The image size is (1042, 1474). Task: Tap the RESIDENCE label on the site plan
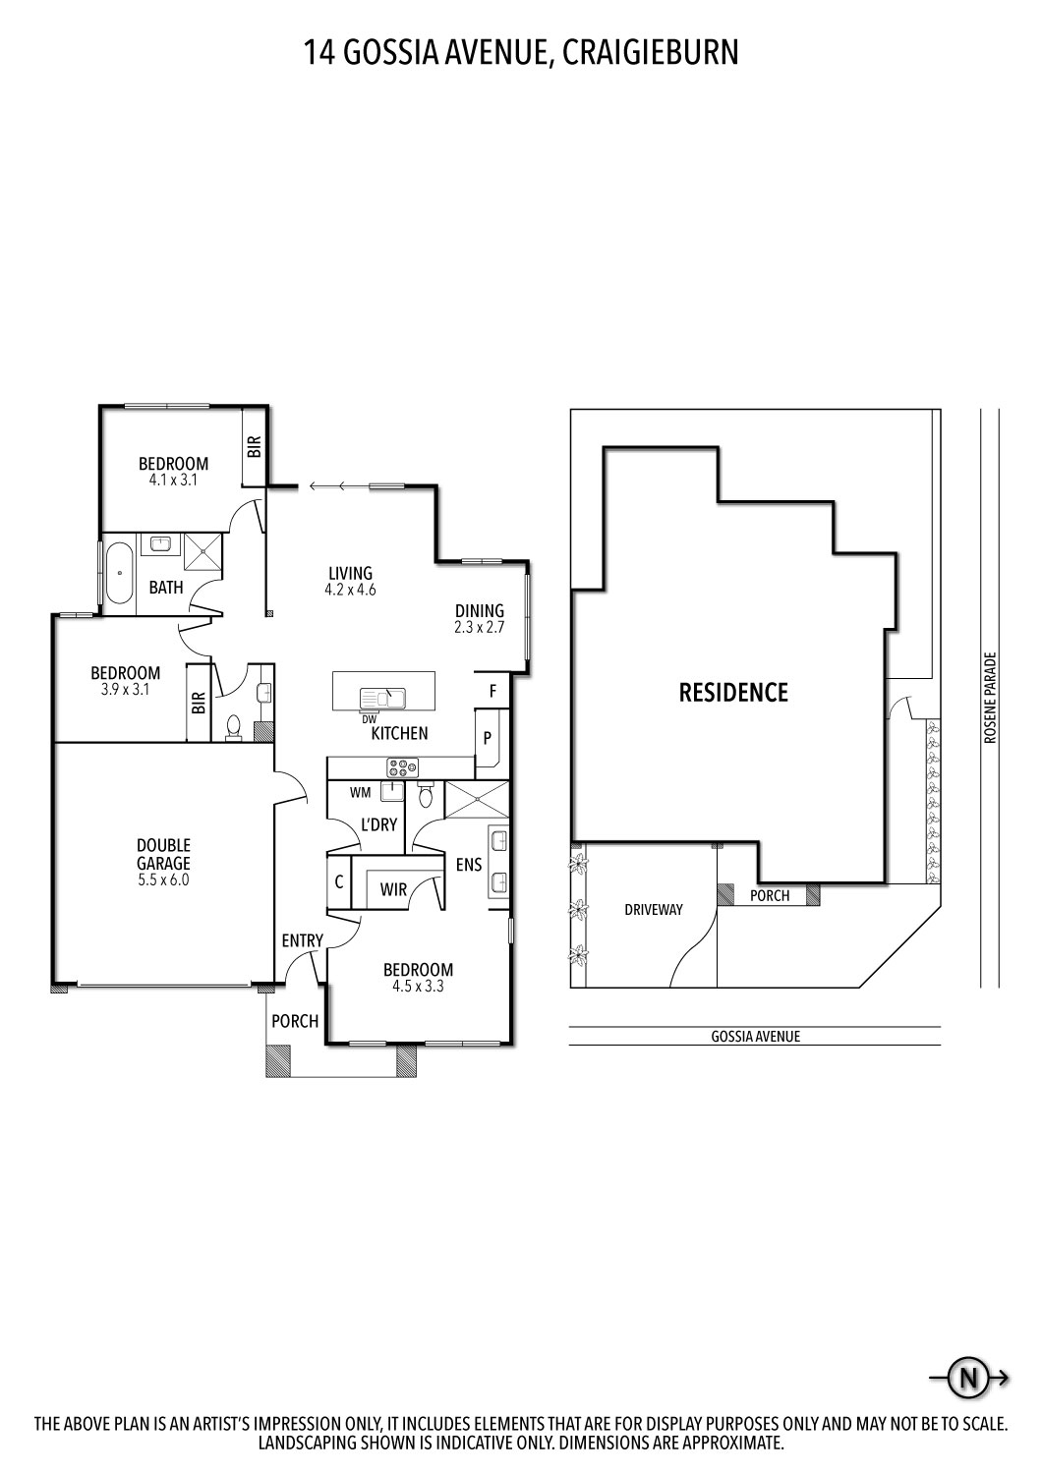click(x=733, y=693)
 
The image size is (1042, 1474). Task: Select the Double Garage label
click(x=163, y=855)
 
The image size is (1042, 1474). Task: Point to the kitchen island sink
click(x=383, y=697)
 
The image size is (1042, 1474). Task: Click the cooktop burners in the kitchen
click(x=403, y=767)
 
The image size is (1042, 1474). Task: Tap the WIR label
click(x=393, y=889)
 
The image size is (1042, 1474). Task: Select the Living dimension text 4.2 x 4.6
click(x=350, y=591)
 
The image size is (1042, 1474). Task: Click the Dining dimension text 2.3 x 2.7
click(x=479, y=627)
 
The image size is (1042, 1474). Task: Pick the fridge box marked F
click(x=492, y=692)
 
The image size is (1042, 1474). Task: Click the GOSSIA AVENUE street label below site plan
click(x=755, y=1036)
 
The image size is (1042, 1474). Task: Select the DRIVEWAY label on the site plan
click(x=653, y=909)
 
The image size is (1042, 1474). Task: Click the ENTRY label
click(x=302, y=940)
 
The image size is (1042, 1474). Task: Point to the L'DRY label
click(x=378, y=824)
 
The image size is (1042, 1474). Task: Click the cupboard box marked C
click(x=338, y=882)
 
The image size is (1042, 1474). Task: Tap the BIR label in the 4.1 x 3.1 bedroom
click(x=254, y=448)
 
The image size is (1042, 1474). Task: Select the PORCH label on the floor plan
click(x=295, y=1021)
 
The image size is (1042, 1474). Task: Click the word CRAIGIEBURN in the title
click(x=651, y=52)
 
